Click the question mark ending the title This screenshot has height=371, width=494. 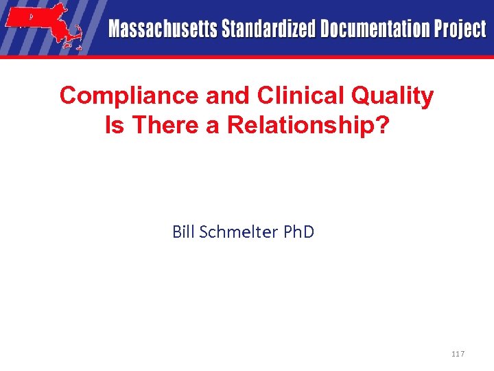pyautogui.click(x=382, y=125)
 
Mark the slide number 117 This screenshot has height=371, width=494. pyautogui.click(x=458, y=354)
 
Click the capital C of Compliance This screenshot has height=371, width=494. pyautogui.click(x=68, y=96)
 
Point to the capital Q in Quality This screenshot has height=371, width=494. pyautogui.click(x=362, y=96)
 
